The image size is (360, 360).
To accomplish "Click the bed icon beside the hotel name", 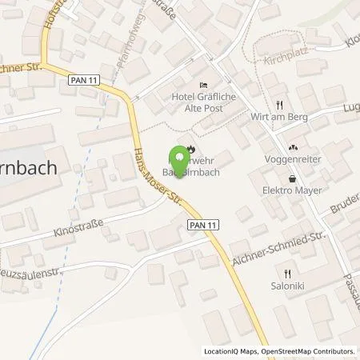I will point(203,86).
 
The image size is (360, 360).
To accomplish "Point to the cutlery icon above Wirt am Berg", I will point(279,104).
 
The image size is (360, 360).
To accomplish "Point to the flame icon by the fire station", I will point(190,149).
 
